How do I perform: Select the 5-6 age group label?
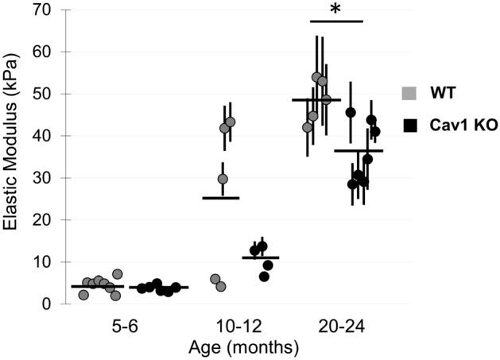(x=118, y=326)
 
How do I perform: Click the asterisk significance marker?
(x=335, y=11)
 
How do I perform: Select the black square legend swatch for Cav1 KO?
(x=408, y=125)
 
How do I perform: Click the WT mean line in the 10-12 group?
(x=221, y=198)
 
